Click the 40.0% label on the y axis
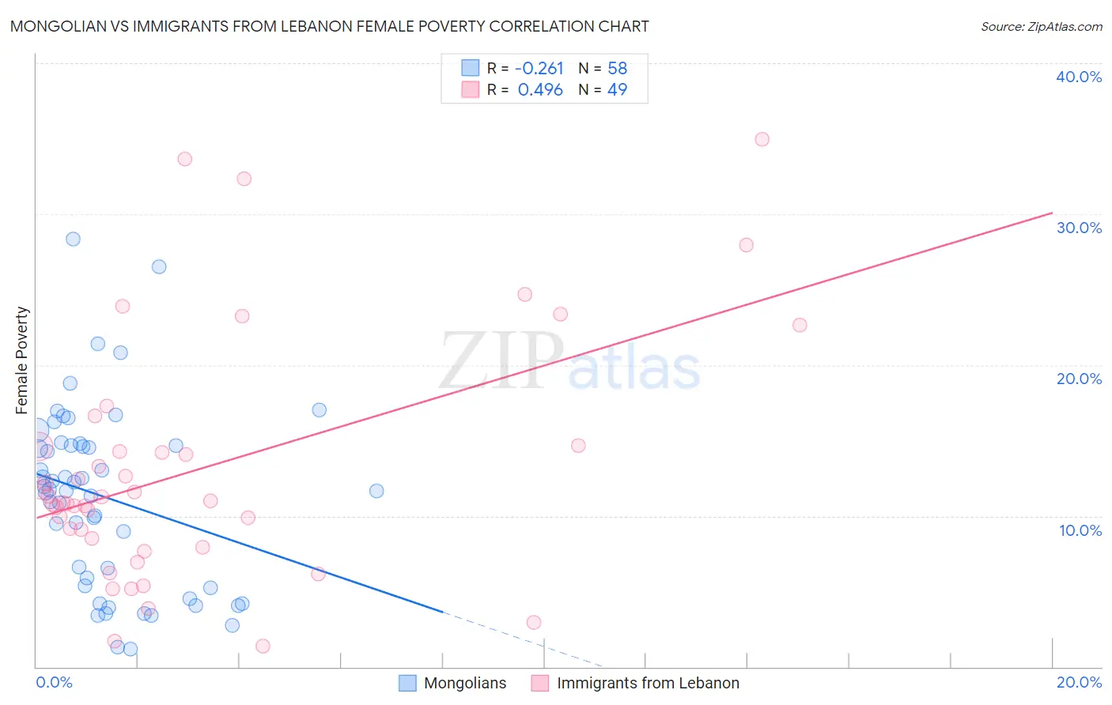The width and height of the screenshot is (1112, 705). coord(1079,77)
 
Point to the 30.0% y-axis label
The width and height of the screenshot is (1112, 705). coord(1079,228)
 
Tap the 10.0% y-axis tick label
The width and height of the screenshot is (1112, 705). coord(1080,530)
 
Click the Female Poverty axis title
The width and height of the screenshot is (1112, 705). coord(22,360)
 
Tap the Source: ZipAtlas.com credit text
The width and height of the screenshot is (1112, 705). coord(1041,27)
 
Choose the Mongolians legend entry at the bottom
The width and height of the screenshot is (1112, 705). coord(465,684)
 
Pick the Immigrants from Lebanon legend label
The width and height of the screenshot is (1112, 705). coord(648,684)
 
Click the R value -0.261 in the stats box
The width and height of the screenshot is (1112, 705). coord(539,69)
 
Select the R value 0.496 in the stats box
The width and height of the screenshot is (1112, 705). coord(540,90)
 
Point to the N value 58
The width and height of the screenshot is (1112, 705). coord(617,69)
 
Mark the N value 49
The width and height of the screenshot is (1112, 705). coord(617,90)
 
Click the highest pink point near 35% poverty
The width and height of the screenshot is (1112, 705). coord(762,139)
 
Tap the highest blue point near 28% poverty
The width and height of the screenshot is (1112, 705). coord(73,239)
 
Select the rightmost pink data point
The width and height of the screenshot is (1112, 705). coord(800,325)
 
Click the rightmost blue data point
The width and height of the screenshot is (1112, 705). coord(376,491)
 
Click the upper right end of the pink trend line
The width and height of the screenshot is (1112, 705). coord(1051,213)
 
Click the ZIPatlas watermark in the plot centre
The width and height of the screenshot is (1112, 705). coord(569,361)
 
